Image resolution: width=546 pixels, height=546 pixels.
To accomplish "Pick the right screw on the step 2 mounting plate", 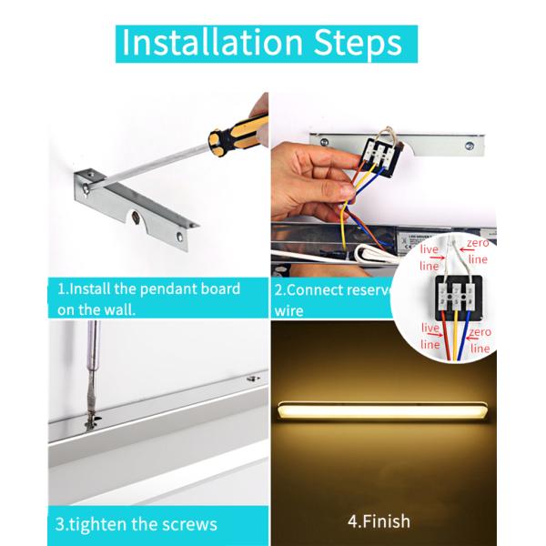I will [470, 144].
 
